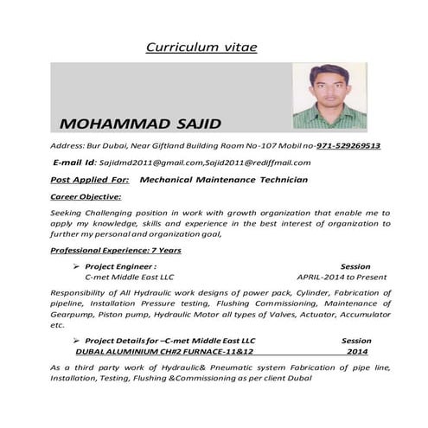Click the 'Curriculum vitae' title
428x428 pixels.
point(201,47)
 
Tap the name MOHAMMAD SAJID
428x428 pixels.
point(141,120)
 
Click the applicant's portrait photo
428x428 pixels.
point(329,96)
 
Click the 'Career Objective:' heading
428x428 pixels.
point(86,196)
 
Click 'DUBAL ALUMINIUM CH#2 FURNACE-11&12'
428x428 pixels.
point(164,352)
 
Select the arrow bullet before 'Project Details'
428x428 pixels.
point(77,341)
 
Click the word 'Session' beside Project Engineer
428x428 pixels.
point(356,266)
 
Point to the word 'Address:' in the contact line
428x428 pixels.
point(67,145)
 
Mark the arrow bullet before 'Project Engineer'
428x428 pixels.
point(77,266)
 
